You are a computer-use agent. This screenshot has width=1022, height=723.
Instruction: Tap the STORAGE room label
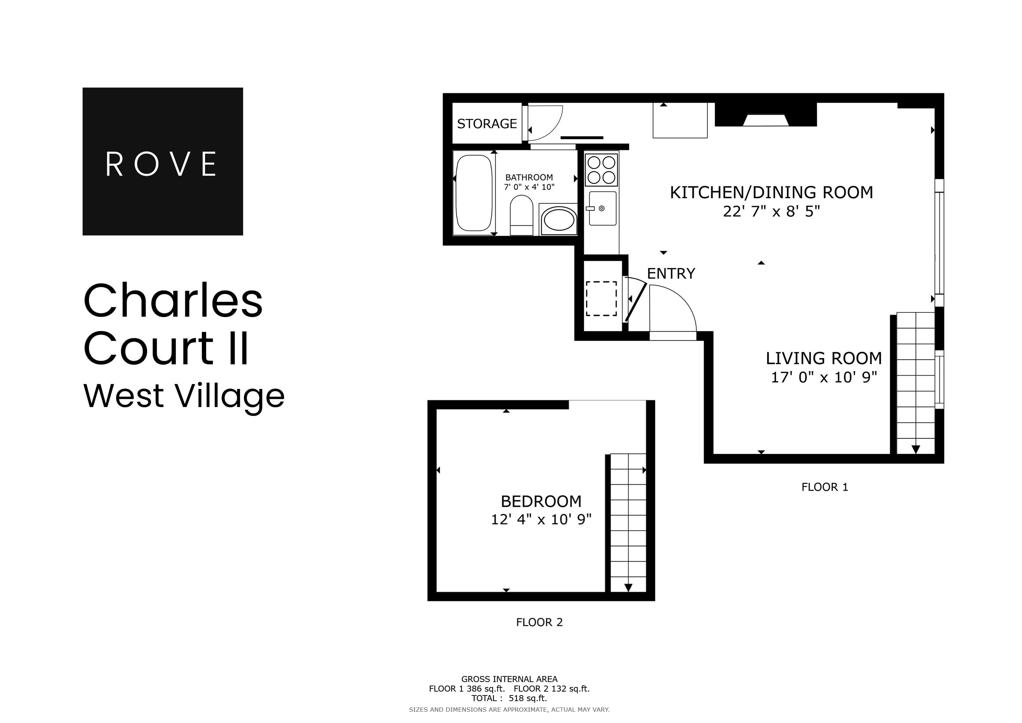[487, 124]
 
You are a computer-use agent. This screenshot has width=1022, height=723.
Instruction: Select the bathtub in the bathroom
[474, 193]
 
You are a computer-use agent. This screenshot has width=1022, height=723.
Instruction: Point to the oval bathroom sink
[559, 220]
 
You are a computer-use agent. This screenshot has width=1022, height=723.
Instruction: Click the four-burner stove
[601, 169]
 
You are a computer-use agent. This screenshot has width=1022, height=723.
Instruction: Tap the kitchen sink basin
[603, 208]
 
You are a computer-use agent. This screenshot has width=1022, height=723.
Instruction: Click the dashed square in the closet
[601, 299]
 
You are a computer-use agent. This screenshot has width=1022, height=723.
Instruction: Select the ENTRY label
[671, 273]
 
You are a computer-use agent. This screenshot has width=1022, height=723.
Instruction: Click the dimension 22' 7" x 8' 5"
[771, 211]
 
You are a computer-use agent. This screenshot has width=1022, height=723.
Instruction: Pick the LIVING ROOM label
[823, 358]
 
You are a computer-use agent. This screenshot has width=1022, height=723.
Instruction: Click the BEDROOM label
[541, 501]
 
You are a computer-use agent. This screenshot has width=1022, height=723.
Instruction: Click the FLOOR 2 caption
[539, 622]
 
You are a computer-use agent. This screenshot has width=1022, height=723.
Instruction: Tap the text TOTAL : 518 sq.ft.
[509, 698]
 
